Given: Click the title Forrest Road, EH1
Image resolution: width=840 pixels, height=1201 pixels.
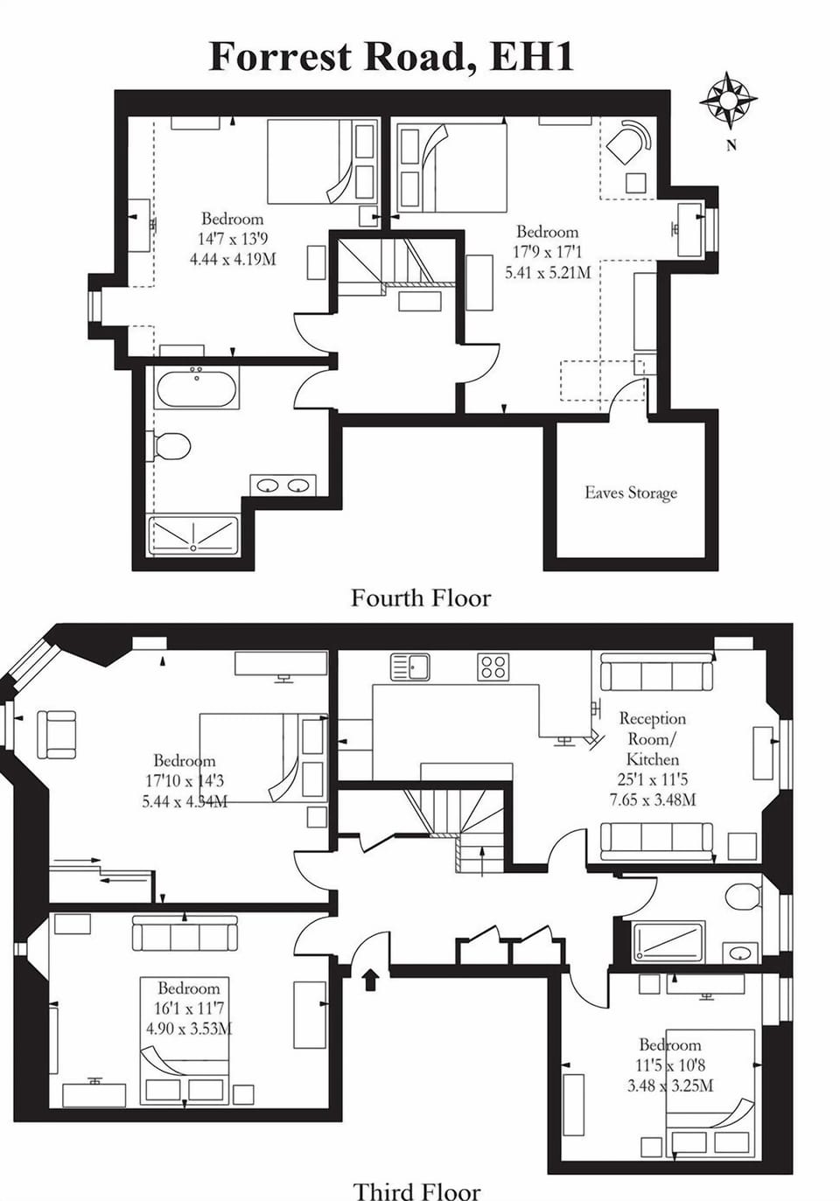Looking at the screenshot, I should [391, 56].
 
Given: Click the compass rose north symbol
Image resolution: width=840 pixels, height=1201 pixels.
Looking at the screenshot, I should [728, 99].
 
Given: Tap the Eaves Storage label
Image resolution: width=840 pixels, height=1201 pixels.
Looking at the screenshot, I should [630, 492].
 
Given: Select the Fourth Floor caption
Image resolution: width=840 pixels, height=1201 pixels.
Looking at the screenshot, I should [421, 598].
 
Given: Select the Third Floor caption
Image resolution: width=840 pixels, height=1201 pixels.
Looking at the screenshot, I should [416, 1191].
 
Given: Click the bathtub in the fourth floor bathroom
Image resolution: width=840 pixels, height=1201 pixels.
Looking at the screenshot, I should [197, 388].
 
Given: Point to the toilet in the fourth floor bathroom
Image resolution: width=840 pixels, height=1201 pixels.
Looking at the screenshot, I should [171, 446].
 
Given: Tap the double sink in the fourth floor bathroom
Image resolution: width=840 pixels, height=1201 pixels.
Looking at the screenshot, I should [283, 485].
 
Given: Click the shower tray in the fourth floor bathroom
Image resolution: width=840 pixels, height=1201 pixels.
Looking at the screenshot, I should [193, 535].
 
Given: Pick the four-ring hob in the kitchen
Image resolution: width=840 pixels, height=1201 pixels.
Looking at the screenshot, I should [493, 667].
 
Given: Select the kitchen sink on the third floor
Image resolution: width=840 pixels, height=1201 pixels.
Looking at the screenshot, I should [409, 667].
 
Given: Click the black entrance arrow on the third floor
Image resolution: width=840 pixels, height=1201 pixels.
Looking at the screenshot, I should [370, 979].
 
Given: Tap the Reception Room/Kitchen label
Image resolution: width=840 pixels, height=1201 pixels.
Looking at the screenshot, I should [652, 738].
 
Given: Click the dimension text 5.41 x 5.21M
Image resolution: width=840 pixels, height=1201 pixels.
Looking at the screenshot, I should [547, 272].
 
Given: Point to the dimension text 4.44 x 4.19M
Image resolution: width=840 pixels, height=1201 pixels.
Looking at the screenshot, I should [233, 258].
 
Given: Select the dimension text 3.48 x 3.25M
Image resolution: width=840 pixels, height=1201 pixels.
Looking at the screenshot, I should [669, 1086].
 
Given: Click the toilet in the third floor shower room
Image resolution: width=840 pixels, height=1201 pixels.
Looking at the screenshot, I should [744, 896].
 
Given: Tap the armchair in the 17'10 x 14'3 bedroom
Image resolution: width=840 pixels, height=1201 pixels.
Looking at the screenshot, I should [56, 734].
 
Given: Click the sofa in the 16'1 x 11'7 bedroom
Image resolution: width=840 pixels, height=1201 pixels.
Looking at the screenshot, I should [185, 933].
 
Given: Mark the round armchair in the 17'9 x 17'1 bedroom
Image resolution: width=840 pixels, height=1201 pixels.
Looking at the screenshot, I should [629, 141].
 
